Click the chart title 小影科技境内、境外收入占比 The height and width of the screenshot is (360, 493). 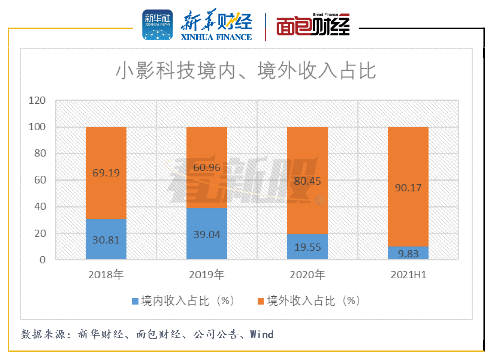click(x=246, y=71)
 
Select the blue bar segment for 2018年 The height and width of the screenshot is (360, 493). click(x=106, y=239)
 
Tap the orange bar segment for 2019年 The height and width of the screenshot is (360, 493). click(x=207, y=167)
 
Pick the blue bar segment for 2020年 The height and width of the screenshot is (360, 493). click(x=308, y=247)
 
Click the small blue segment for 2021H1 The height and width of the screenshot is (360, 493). click(x=408, y=253)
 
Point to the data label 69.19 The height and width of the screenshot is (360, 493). click(x=106, y=173)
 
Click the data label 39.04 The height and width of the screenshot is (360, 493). click(x=207, y=235)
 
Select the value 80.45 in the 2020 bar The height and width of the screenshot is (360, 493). click(x=308, y=181)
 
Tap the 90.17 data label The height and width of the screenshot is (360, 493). click(x=408, y=188)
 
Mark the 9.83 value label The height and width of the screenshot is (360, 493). click(x=408, y=253)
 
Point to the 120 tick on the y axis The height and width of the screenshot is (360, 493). click(x=37, y=101)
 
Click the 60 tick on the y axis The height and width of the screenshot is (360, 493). click(x=40, y=180)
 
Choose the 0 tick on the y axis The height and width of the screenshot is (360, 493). click(x=42, y=260)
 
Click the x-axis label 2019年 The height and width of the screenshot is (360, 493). click(x=207, y=275)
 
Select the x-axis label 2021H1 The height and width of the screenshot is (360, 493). click(x=409, y=275)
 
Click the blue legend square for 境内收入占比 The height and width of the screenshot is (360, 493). click(x=135, y=301)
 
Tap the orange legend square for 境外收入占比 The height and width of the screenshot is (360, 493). click(x=261, y=301)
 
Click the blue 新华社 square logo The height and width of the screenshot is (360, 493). click(x=157, y=25)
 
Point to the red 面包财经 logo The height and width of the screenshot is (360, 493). click(x=313, y=25)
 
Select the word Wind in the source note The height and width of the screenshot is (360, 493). click(x=262, y=334)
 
